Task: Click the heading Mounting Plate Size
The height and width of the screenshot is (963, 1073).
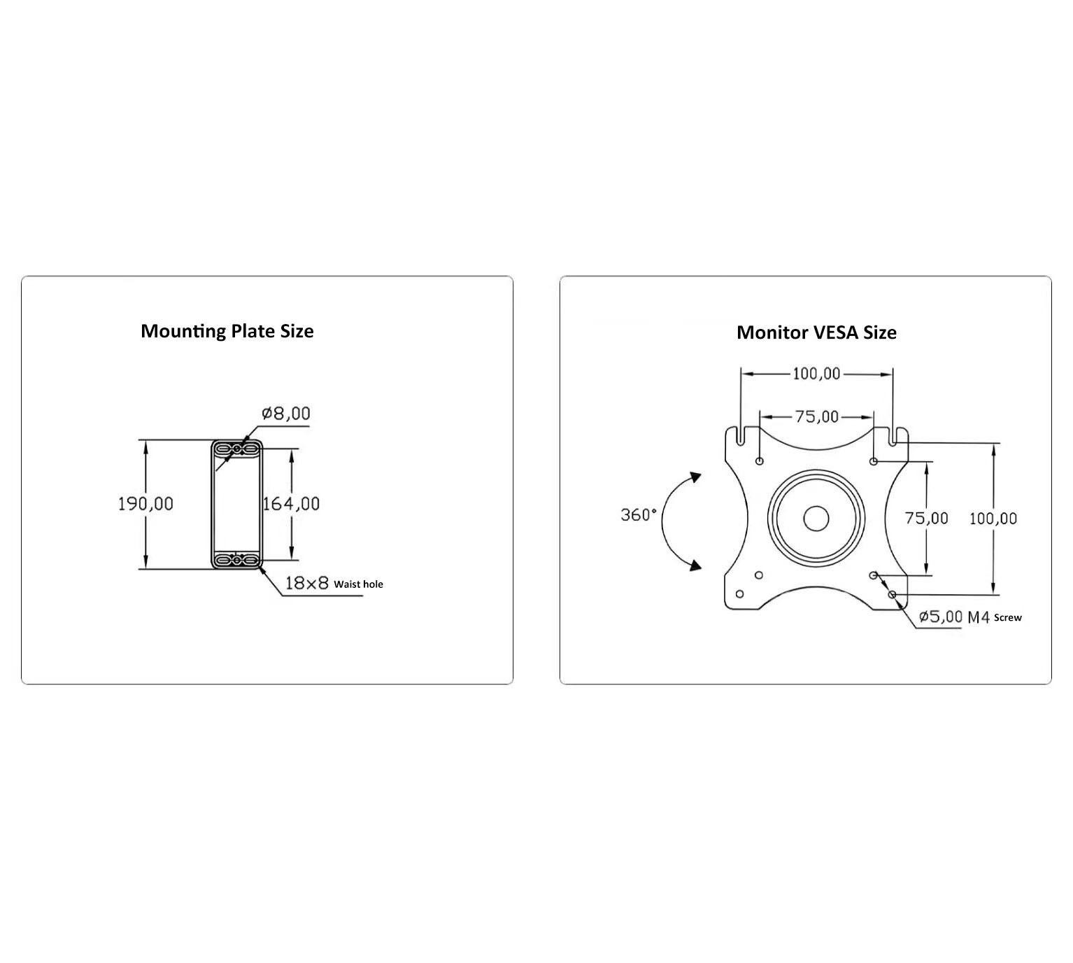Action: point(227,331)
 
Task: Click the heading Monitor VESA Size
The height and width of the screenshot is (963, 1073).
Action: point(816,332)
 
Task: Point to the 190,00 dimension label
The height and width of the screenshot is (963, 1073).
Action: point(145,503)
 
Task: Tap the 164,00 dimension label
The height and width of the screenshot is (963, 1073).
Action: point(291,503)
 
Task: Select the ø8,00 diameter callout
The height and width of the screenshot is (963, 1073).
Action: point(286,413)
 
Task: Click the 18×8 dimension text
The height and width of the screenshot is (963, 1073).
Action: point(306,583)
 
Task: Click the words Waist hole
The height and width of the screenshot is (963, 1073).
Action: point(358,584)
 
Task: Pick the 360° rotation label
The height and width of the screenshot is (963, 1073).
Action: point(638,514)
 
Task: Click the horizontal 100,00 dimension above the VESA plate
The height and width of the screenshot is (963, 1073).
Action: point(816,374)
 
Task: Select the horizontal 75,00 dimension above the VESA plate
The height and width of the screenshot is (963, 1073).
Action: point(817,416)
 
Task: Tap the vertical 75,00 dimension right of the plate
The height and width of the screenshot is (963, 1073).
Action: point(926,518)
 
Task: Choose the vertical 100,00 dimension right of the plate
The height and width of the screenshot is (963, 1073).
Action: point(993,519)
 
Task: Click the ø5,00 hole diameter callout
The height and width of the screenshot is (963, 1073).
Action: point(941,617)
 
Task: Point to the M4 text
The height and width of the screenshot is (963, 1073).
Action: point(979,617)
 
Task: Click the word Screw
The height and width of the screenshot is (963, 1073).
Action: point(1008,617)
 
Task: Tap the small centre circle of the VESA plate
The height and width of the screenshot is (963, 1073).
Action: point(816,519)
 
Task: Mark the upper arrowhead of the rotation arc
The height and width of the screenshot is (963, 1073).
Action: point(695,477)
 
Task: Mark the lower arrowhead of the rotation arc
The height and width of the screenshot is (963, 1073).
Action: point(695,565)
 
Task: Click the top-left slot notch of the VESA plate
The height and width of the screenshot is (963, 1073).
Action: point(741,435)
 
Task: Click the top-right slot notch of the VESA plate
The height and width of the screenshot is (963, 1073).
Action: point(893,435)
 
